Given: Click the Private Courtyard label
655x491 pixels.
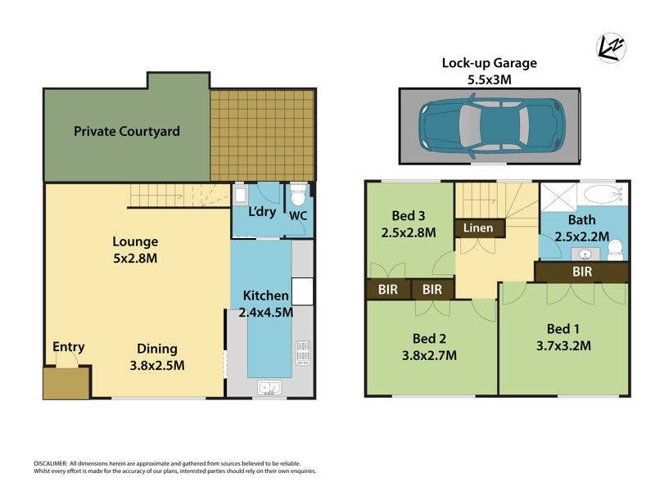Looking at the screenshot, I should point(127,131).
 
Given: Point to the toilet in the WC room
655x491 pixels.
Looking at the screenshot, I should point(299,196).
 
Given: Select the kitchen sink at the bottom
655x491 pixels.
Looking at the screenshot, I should point(270,387).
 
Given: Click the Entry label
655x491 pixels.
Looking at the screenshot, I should point(68,347).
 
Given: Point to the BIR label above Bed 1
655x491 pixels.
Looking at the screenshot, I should point(582,272).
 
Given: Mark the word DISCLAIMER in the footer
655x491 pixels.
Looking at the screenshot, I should point(50,463).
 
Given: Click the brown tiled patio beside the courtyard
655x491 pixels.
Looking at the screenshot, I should point(262,135).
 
